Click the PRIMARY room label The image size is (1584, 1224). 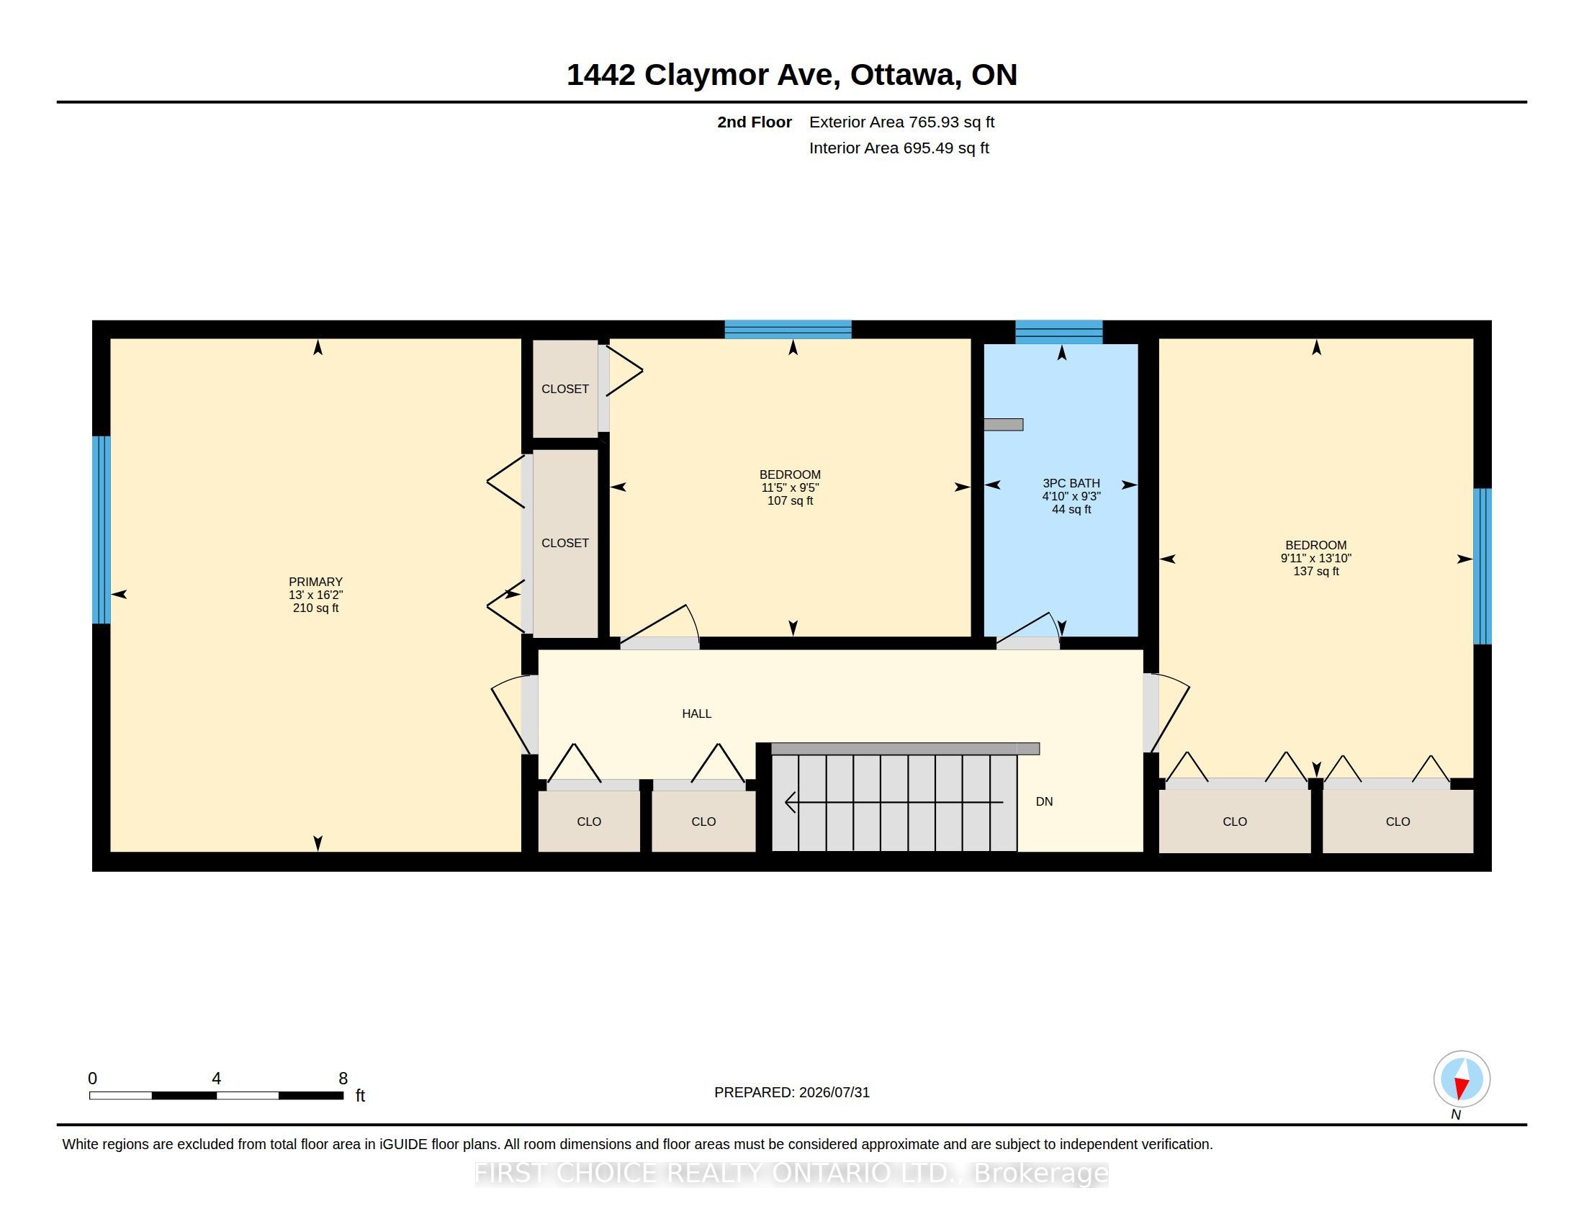[315, 582]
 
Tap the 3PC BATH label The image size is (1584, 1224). [1071, 483]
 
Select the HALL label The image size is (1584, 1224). [696, 714]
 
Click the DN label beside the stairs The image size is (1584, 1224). [1045, 801]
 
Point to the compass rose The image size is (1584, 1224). [1462, 1079]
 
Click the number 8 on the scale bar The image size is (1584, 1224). [343, 1079]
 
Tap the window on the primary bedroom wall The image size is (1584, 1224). [102, 529]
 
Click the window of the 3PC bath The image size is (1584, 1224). [1059, 331]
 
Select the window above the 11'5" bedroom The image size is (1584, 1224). [788, 329]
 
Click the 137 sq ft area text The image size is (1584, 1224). [1315, 572]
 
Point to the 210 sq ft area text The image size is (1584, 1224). [315, 608]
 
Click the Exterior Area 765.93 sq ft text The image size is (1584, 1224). [901, 122]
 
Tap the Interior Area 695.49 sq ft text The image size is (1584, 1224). [899, 148]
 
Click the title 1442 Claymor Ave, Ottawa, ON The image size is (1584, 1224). [792, 75]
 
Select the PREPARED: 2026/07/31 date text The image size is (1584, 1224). [792, 1092]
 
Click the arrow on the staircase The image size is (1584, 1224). [894, 802]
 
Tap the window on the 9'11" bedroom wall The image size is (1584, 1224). [1482, 567]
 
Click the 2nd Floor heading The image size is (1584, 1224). [755, 122]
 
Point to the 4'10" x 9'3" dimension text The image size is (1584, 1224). [1071, 496]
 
